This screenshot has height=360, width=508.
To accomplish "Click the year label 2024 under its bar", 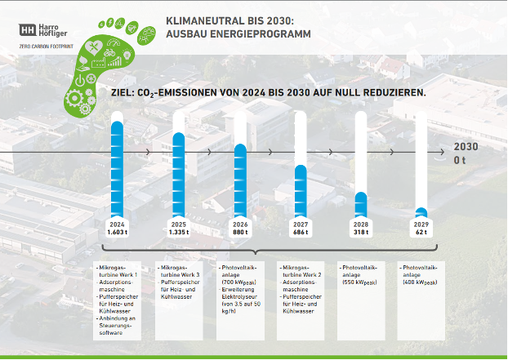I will tap(117, 224).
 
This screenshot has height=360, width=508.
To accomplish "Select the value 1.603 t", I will tap(117, 232).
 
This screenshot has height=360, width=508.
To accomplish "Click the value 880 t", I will tap(240, 232).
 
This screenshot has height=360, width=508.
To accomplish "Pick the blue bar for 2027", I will tap(301, 191).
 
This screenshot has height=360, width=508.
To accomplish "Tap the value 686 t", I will tap(301, 232).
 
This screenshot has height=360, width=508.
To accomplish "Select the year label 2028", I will tap(361, 224).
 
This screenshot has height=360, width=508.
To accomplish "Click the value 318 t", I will tap(361, 232).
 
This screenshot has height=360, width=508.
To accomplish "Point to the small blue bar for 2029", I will tap(421, 212).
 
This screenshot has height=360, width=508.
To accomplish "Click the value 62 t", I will tap(421, 232).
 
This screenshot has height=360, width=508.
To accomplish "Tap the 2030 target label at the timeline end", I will tap(465, 146).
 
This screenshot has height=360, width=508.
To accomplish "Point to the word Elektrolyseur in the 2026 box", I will tap(237, 296).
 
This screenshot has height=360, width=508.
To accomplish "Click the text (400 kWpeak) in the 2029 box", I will tap(420, 282).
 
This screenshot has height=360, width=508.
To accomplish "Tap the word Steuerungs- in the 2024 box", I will tap(116, 326).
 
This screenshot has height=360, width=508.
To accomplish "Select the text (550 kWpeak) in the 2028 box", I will tap(359, 282).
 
